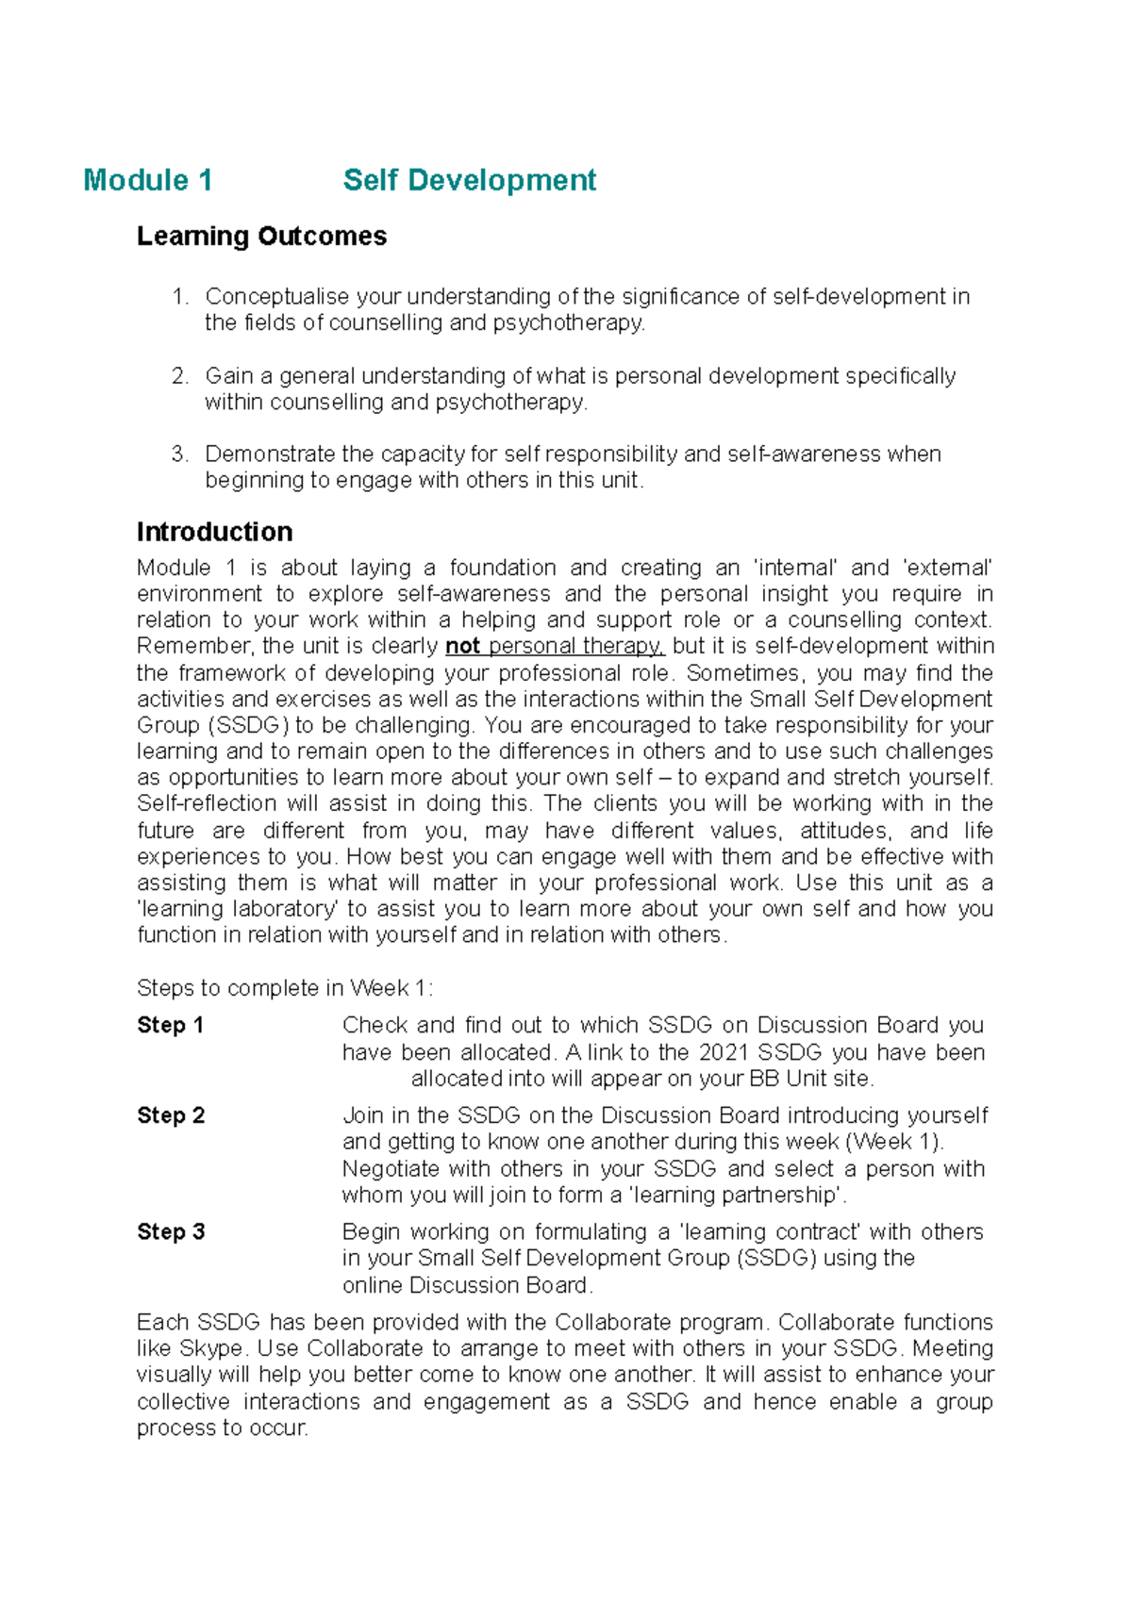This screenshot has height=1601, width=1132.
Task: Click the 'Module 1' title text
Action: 147,180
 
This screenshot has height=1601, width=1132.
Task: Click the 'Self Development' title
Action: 469,180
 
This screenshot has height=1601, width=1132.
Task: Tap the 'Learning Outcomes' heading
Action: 261,236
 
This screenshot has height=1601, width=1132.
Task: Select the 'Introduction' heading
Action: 214,532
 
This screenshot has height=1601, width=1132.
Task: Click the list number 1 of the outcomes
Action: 180,297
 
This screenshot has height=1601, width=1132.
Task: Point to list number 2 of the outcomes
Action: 180,376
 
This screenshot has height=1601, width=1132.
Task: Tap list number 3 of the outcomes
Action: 180,454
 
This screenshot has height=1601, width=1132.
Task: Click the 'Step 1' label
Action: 170,1025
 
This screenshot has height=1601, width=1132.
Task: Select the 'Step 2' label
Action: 171,1115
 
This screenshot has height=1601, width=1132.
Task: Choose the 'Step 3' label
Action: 171,1231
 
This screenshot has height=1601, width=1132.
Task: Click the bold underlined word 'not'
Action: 462,647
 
